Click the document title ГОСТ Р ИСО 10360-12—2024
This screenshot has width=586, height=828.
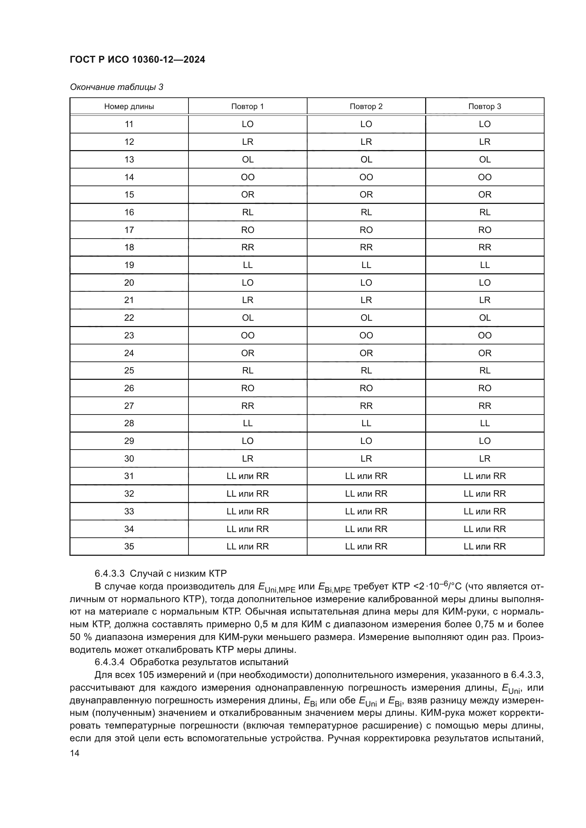(x=137, y=59)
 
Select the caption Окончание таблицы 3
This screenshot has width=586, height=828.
(x=116, y=87)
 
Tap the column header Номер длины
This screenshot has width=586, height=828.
(x=129, y=107)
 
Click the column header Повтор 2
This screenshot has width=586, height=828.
(x=366, y=107)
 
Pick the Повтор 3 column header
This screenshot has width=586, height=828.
(x=484, y=107)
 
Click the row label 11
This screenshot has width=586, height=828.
(x=129, y=124)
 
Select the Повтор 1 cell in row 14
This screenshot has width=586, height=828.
(x=248, y=177)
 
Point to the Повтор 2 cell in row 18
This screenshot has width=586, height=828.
(x=366, y=247)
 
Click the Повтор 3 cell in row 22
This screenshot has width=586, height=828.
(x=484, y=318)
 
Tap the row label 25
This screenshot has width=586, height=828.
(x=129, y=370)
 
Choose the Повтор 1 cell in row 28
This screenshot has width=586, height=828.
(x=248, y=423)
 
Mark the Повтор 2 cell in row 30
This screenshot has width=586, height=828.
(x=366, y=458)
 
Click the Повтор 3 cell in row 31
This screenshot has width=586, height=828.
(x=484, y=476)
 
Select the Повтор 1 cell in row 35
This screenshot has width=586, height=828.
(x=248, y=546)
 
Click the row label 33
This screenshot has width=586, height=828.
(x=129, y=512)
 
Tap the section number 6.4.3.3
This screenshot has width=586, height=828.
(x=109, y=574)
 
